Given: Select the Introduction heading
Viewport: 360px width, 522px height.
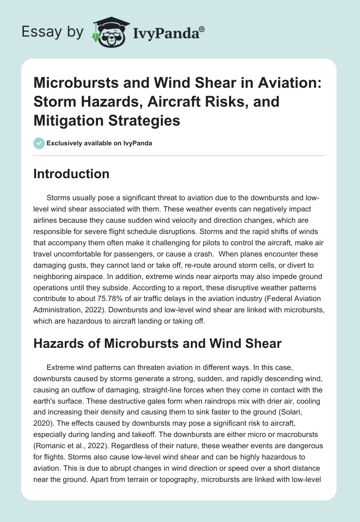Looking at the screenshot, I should pyautogui.click(x=72, y=174).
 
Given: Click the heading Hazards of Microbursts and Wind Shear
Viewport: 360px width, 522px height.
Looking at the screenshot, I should pyautogui.click(x=157, y=344).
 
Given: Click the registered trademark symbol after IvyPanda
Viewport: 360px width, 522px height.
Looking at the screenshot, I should pyautogui.click(x=202, y=28).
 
